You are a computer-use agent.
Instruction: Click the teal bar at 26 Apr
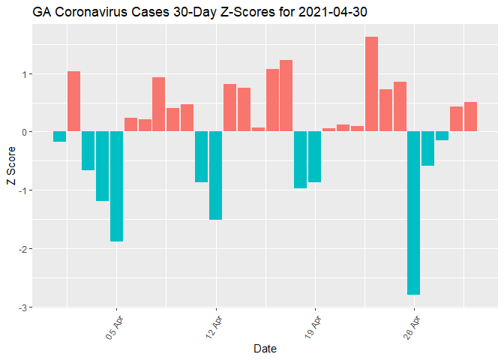click(x=414, y=213)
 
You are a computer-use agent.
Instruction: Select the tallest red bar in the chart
click(x=371, y=84)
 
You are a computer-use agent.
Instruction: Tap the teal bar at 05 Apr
click(x=117, y=186)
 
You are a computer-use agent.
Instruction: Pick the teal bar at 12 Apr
click(x=216, y=175)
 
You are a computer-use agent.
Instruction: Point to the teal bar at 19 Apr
click(x=315, y=157)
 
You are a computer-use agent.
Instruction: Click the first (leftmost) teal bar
click(x=60, y=136)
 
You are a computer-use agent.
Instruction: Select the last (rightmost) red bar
click(x=470, y=117)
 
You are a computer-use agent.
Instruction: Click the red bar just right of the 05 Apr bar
click(x=131, y=124)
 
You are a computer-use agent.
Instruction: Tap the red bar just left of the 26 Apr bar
click(x=400, y=106)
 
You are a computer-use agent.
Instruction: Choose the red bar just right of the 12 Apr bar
click(x=230, y=108)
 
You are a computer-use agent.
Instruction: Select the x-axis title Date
click(x=265, y=349)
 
